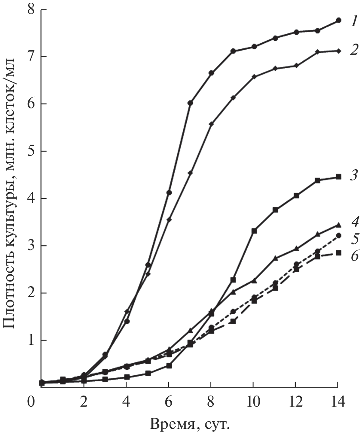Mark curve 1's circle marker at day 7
click(x=190, y=103)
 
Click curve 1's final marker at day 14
click(x=338, y=20)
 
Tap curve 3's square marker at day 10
click(x=254, y=231)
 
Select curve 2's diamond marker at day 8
click(x=211, y=124)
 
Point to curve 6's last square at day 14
click(x=338, y=253)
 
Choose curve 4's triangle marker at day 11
click(x=275, y=258)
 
